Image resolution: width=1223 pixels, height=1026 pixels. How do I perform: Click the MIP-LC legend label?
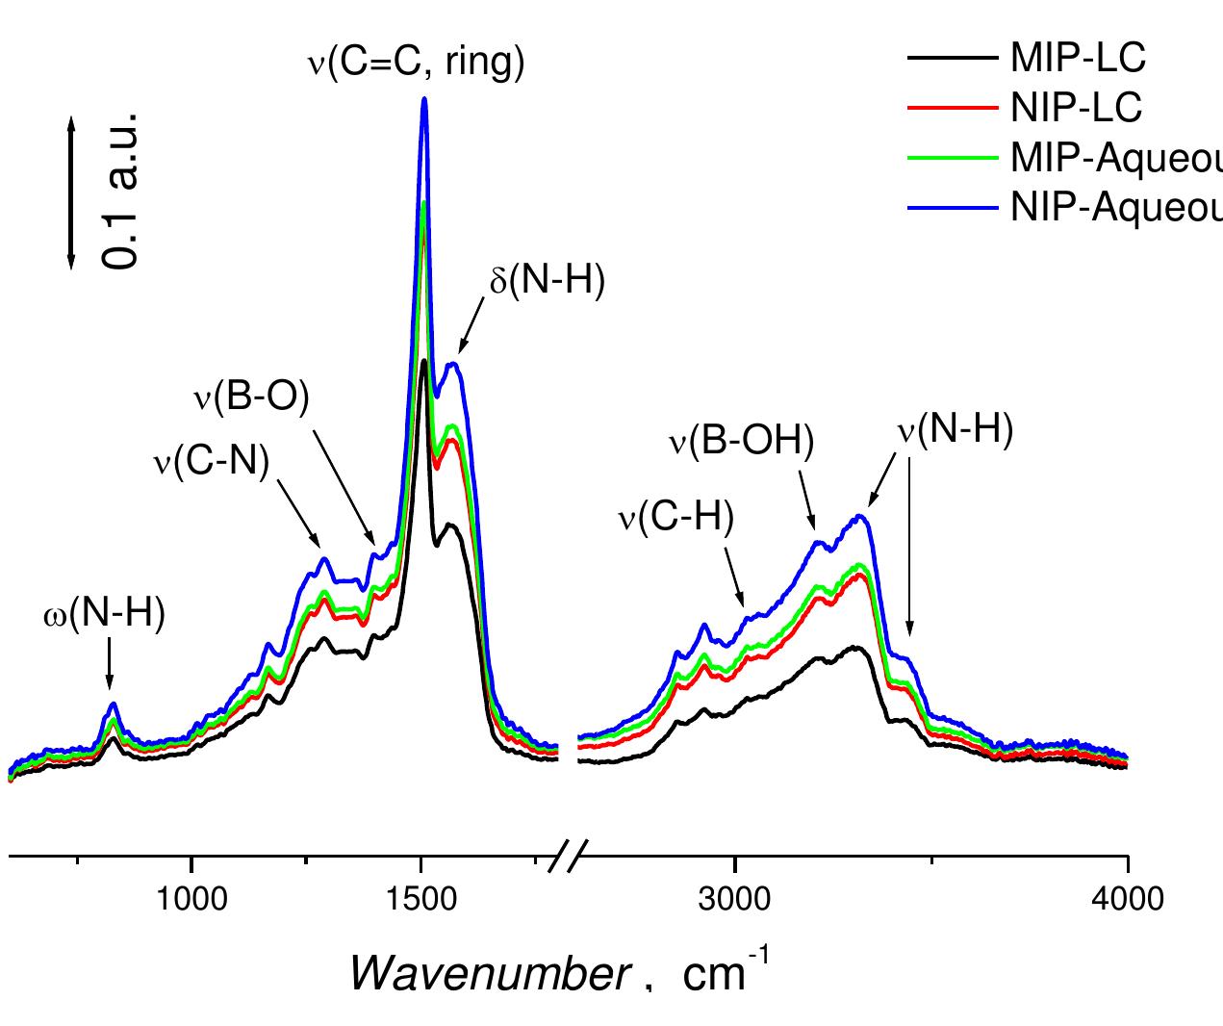(1078, 59)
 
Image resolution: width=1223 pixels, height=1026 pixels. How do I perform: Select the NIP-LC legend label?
(1076, 108)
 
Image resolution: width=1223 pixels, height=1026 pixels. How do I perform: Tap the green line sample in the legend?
(954, 158)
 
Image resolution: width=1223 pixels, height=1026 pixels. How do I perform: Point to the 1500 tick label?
(420, 900)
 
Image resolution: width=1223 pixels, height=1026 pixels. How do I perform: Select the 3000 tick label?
(734, 900)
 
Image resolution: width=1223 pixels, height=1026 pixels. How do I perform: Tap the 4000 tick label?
(1126, 900)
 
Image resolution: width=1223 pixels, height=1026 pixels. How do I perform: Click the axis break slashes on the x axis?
(568, 855)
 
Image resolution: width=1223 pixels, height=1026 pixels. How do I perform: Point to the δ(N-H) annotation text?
(545, 282)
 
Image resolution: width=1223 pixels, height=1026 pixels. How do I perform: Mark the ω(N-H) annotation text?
(104, 615)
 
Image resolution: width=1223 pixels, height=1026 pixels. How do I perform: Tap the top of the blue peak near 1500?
(423, 99)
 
